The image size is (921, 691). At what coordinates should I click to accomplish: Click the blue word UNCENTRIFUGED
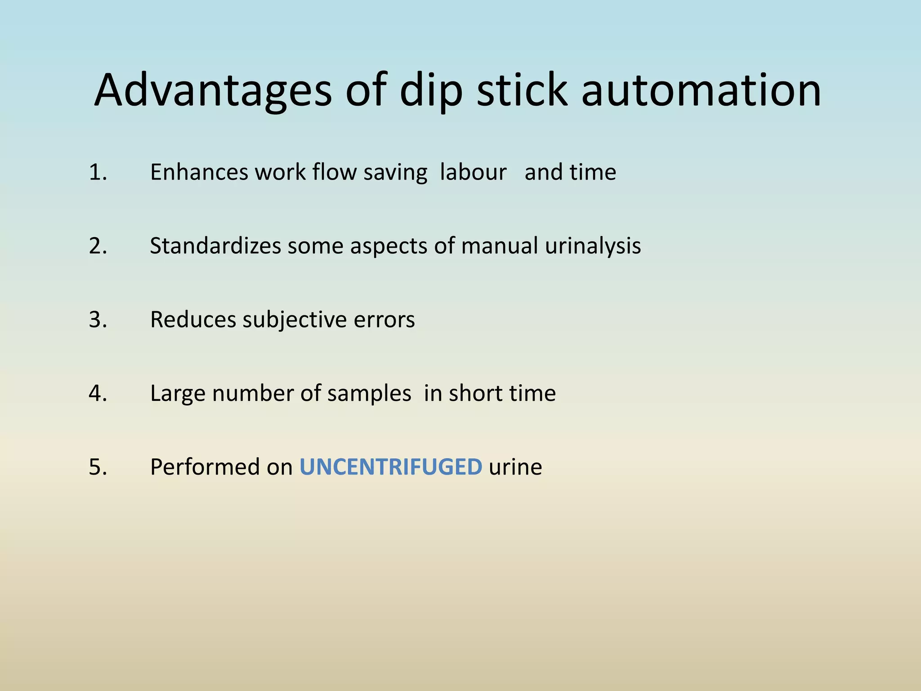[x=391, y=467]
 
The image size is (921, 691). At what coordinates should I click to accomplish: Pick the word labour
[x=473, y=172]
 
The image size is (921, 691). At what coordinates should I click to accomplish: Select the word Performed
[x=205, y=467]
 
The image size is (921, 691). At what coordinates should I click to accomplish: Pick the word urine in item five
[x=515, y=467]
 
